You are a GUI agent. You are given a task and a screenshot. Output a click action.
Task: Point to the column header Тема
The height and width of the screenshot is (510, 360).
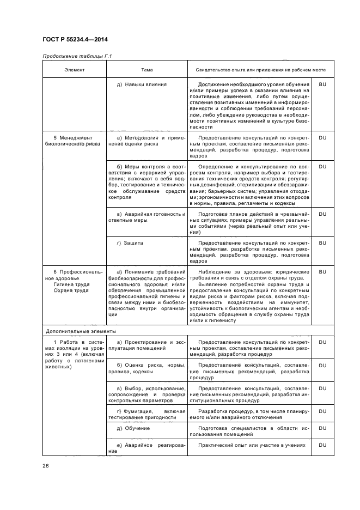pyautogui.click(x=147, y=70)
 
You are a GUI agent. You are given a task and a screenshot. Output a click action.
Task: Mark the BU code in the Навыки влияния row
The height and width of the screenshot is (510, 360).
pyautogui.click(x=322, y=84)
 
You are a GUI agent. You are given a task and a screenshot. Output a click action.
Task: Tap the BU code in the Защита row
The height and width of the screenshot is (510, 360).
pyautogui.click(x=322, y=243)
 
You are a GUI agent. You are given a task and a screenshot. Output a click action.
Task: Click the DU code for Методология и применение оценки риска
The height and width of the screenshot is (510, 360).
pyautogui.click(x=322, y=138)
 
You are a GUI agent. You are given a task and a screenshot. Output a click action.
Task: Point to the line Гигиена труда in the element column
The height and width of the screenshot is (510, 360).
pyautogui.click(x=71, y=284)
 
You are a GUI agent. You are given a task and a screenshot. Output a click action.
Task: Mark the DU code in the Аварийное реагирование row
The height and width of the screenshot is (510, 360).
pyautogui.click(x=322, y=445)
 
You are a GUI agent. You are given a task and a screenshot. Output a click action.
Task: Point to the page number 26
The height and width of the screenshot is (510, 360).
pyautogui.click(x=45, y=465)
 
